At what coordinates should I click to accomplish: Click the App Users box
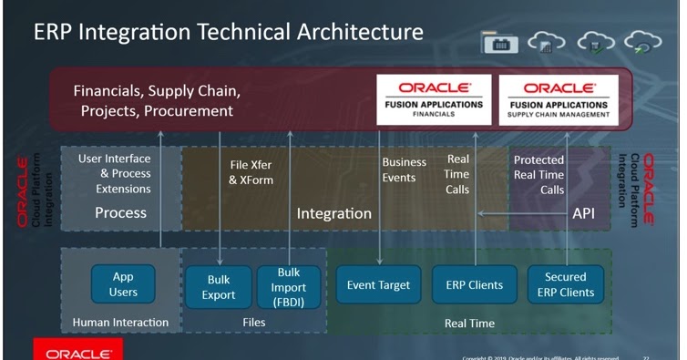click(123, 284)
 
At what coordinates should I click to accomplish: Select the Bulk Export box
click(219, 286)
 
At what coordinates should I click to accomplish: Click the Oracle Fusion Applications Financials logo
click(434, 98)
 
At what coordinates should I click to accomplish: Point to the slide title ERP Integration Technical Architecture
click(228, 32)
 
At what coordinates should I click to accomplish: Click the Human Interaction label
click(121, 322)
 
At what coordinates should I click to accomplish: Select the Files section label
click(254, 322)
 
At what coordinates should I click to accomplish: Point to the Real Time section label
click(469, 323)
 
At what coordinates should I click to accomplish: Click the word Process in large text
click(120, 213)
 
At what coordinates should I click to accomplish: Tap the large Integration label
click(333, 213)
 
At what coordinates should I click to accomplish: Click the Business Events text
click(404, 170)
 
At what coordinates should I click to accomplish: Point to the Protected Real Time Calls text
click(539, 175)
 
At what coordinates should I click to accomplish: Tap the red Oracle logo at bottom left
click(77, 351)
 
